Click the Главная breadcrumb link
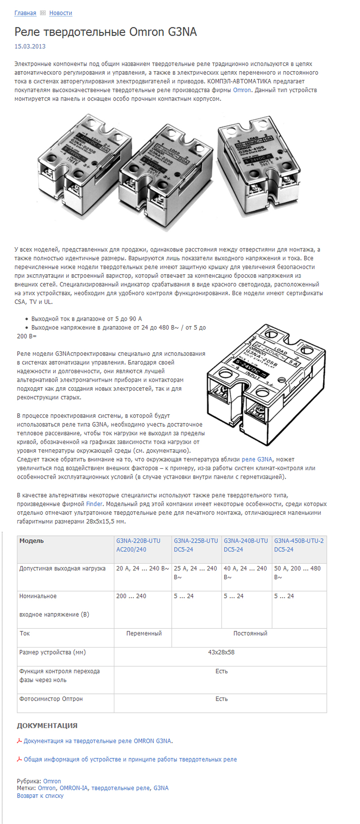[x=25, y=13]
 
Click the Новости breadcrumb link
[x=61, y=13]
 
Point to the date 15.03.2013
[x=30, y=46]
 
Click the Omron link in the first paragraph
[x=242, y=90]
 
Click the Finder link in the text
[x=94, y=504]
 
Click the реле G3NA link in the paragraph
[x=257, y=459]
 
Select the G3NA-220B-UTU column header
[x=138, y=545]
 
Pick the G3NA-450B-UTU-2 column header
[x=299, y=545]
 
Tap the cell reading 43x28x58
[x=221, y=652]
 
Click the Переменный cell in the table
[x=144, y=634]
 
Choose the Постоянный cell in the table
[x=250, y=634]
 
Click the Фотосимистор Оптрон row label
[x=51, y=699]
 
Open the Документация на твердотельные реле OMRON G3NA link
[x=97, y=741]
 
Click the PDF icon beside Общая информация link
[x=19, y=759]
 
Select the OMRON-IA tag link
[x=74, y=788]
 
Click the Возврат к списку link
[x=40, y=796]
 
